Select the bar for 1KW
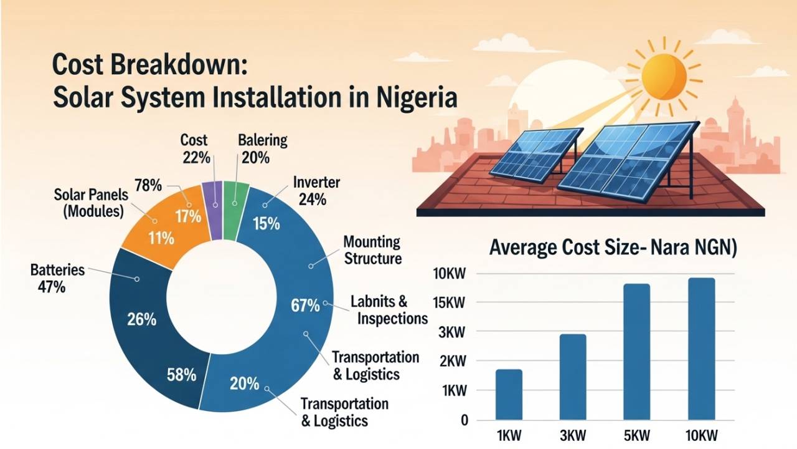coord(509,395)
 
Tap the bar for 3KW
coord(572,377)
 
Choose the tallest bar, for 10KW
coord(702,349)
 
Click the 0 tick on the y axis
coord(464,420)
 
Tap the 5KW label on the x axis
coord(636,435)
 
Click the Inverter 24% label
coord(316,191)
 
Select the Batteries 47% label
coord(57,279)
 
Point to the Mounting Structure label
coord(372,250)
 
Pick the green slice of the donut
coord(235,210)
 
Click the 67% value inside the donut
coord(305,306)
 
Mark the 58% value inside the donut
coord(182,375)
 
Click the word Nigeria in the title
coord(417,99)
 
